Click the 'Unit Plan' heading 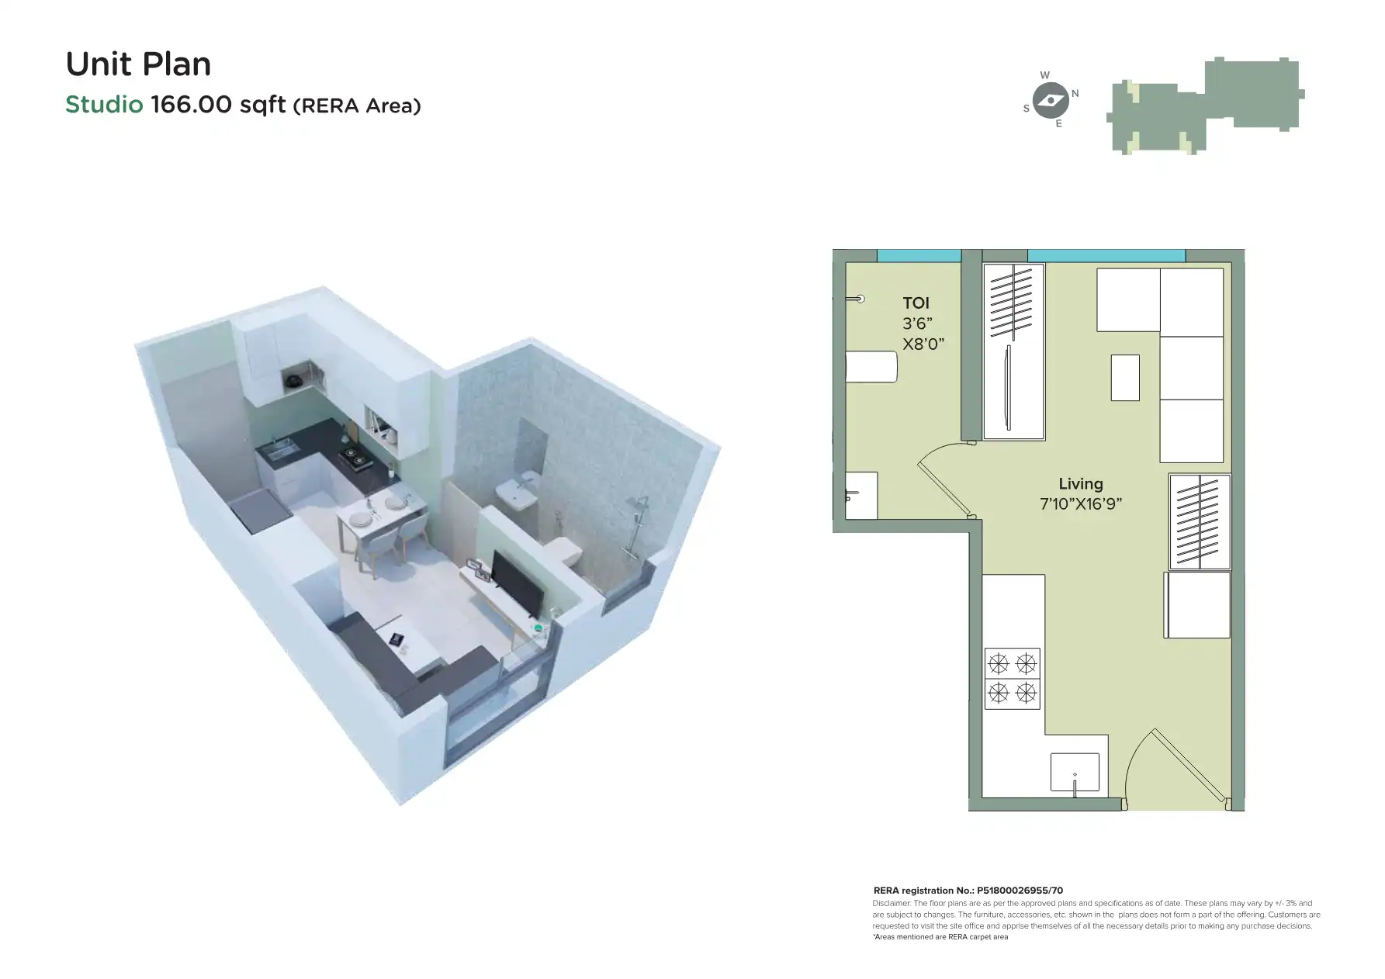tap(138, 64)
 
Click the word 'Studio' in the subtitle tap(104, 105)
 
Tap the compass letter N tap(1075, 94)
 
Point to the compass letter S tap(1027, 109)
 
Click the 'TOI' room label tap(916, 303)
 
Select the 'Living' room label tap(1080, 484)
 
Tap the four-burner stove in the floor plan tap(1012, 679)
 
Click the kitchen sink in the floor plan tap(1075, 773)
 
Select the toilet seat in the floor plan tap(871, 367)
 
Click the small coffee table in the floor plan tap(1125, 378)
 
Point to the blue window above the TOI tap(919, 255)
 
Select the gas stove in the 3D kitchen tap(357, 459)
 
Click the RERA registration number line tap(968, 891)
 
